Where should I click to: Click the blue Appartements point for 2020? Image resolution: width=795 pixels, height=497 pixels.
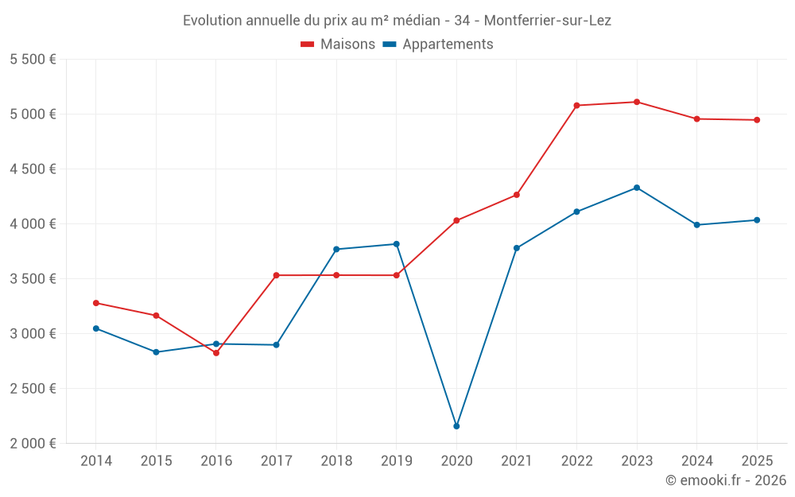tap(456, 426)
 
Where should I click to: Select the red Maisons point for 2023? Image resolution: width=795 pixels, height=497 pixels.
tap(637, 102)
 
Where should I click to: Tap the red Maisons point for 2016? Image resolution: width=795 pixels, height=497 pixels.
tap(216, 353)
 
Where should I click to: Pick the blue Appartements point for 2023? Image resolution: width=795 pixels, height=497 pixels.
tap(637, 188)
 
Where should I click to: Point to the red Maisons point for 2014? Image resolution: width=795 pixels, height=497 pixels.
tap(96, 303)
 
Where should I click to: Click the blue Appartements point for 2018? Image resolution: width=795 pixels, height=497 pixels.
tap(336, 249)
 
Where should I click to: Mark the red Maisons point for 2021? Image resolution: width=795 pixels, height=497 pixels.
tap(517, 195)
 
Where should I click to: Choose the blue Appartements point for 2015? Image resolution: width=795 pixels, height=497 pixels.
tap(156, 352)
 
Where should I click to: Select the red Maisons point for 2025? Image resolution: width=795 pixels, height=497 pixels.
tap(757, 120)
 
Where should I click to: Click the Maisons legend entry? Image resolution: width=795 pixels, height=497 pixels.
tap(338, 44)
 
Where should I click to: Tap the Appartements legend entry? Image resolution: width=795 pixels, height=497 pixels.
tap(438, 44)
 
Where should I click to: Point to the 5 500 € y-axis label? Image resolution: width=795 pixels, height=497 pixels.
tap(33, 60)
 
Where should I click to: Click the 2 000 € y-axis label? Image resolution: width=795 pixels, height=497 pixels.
tap(33, 443)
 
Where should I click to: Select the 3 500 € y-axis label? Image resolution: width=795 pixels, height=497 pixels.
tap(33, 278)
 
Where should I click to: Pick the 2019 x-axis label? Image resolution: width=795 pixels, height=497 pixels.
tap(397, 460)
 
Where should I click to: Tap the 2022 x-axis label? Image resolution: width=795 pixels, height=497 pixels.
tap(576, 460)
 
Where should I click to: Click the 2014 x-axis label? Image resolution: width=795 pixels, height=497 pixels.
tap(96, 460)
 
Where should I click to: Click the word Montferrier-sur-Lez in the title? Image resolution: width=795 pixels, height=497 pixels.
tap(548, 21)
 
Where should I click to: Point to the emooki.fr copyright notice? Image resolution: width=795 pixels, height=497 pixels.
tap(726, 480)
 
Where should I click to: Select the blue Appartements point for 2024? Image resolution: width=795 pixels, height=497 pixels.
tap(696, 225)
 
